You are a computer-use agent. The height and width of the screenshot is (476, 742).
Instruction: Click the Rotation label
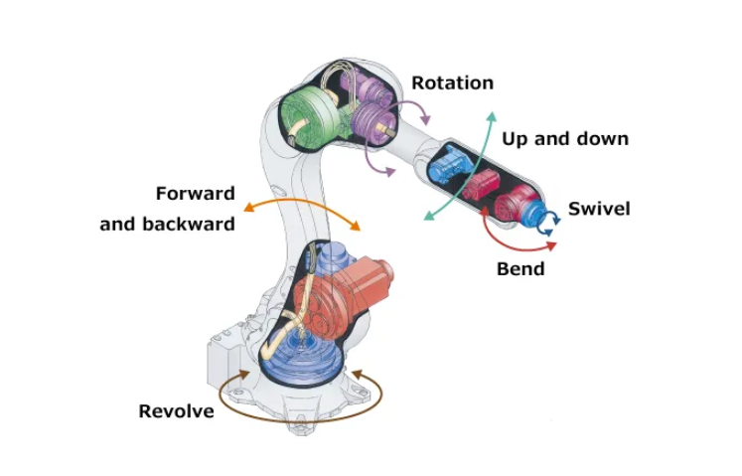pyautogui.click(x=452, y=82)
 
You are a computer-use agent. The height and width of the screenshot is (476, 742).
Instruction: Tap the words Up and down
pyautogui.click(x=565, y=139)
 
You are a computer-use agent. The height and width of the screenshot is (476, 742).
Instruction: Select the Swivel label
pyautogui.click(x=599, y=209)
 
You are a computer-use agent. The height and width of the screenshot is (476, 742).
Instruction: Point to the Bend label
pyautogui.click(x=520, y=269)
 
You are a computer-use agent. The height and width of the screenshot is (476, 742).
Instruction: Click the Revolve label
pyautogui.click(x=176, y=411)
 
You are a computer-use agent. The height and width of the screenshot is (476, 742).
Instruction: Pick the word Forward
pyautogui.click(x=196, y=193)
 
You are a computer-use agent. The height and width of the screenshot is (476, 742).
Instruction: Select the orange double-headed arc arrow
pyautogui.click(x=302, y=203)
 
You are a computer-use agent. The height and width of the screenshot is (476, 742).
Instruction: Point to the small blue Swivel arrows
pyautogui.click(x=549, y=223)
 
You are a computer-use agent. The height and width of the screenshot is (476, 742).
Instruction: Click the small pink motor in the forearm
pyautogui.click(x=482, y=185)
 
